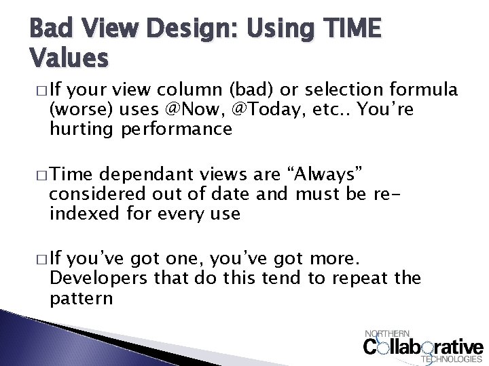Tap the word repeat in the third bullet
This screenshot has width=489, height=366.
tap(359, 279)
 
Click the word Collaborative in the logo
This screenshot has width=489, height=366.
tap(424, 347)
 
